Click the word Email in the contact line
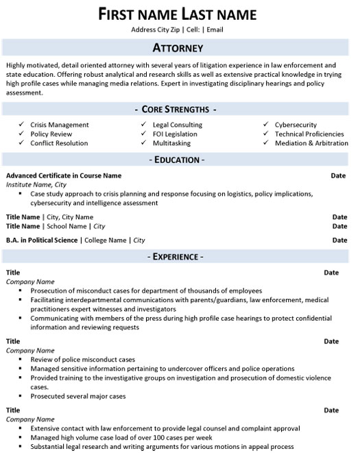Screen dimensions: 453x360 [x=215, y=30]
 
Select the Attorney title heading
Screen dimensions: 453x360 [x=178, y=48]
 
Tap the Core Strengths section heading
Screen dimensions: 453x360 [x=178, y=109]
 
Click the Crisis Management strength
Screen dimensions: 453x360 [x=60, y=125]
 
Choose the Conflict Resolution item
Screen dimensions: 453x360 [x=59, y=143]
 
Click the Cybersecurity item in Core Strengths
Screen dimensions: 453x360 [x=296, y=125]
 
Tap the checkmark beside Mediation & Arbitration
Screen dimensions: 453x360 [x=265, y=143]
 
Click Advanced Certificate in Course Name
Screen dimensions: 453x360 [x=64, y=175]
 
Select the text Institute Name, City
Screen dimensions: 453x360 [x=36, y=185]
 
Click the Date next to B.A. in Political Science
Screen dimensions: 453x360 [x=339, y=241]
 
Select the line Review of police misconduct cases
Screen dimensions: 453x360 [x=80, y=358]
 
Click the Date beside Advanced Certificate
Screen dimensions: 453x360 [x=339, y=175]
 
